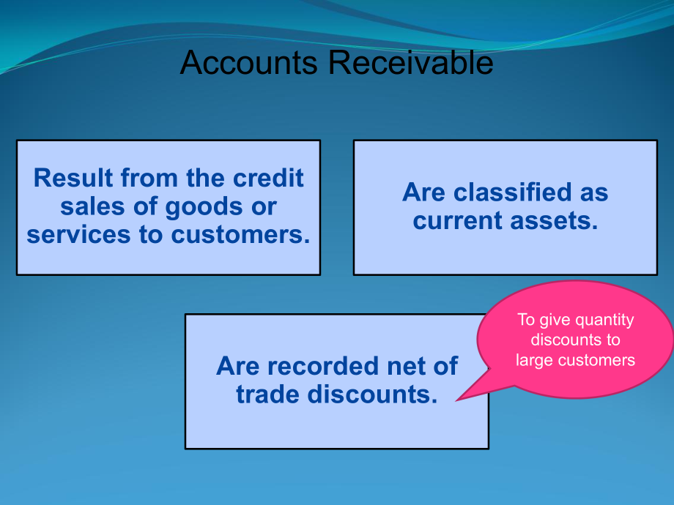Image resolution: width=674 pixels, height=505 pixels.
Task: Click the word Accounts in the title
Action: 248,64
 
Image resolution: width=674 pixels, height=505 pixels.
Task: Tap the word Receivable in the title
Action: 410,64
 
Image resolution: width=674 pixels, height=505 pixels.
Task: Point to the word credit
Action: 268,178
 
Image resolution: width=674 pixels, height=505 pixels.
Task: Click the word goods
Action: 199,207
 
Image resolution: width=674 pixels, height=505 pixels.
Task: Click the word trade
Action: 267,394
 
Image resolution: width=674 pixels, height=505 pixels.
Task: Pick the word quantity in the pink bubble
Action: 604,321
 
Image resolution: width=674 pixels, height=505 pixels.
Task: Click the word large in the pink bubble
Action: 535,359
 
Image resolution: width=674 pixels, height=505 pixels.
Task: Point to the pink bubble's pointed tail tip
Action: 457,400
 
